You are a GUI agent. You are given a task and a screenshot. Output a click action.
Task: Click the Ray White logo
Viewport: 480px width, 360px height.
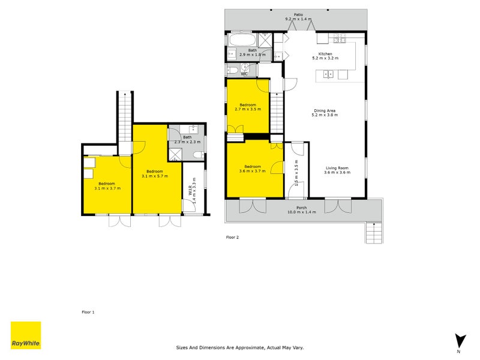coord(26,335)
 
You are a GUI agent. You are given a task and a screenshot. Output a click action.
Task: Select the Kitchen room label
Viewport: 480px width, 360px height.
coord(325,54)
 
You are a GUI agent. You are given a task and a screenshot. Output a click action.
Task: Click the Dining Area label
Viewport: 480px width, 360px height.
coord(325,111)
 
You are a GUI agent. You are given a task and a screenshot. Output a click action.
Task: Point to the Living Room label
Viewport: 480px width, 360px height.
coord(337,168)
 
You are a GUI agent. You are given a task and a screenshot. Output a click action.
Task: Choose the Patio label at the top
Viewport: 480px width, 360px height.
coord(298,14)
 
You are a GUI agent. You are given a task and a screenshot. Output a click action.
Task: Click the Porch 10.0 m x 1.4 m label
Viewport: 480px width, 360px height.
coord(302,209)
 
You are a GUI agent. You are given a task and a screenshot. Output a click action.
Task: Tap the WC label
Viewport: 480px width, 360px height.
coord(244,74)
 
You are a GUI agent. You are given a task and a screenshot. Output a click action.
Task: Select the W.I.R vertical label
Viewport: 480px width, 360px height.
coord(190,190)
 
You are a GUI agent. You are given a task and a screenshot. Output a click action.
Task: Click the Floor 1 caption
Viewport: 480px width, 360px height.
coord(88,312)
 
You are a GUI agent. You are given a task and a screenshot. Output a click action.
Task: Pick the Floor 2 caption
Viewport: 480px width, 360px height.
coord(232,237)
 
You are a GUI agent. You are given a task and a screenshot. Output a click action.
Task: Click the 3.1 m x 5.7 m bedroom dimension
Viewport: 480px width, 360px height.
coord(155,176)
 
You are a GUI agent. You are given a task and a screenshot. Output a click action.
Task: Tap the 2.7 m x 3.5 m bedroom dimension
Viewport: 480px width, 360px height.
coord(248,109)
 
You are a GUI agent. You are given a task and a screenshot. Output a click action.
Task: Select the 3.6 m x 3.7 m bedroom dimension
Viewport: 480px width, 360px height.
coord(253,171)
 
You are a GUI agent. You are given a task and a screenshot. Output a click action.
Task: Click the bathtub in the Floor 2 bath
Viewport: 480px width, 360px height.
coord(242,40)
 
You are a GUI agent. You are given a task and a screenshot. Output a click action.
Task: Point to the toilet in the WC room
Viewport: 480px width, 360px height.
coord(232,70)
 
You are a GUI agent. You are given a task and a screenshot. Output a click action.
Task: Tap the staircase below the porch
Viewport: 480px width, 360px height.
coord(374,233)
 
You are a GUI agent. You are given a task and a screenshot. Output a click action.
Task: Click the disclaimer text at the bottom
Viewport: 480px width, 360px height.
coord(240,347)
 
